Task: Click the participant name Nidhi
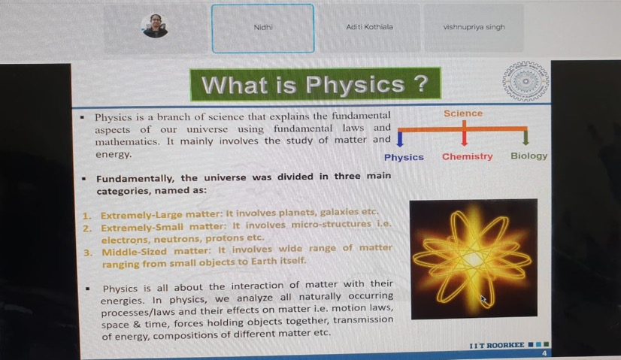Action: click(263, 27)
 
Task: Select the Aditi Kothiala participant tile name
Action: click(369, 27)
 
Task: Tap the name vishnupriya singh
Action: click(474, 27)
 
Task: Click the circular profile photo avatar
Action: click(155, 26)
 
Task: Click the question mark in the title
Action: click(420, 83)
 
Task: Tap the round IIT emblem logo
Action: click(526, 81)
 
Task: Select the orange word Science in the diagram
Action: click(463, 113)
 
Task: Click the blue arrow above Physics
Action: click(400, 138)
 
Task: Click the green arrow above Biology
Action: click(526, 137)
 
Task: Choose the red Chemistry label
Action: click(468, 157)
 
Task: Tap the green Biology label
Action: click(529, 156)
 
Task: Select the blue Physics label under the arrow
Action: click(404, 157)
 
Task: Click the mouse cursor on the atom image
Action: click(483, 299)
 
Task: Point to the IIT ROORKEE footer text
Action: click(497, 346)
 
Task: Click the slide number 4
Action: click(544, 353)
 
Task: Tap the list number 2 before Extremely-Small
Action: click(87, 228)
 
